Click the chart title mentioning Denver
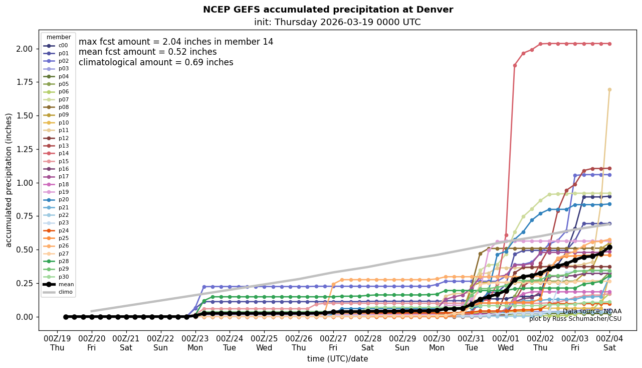coord(328,10)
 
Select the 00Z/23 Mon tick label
coord(195,343)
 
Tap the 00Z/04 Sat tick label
coord(609,343)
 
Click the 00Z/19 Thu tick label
coord(57,343)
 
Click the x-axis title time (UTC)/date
coord(337,359)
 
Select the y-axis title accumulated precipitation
coord(9,180)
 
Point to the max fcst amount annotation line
coord(176,42)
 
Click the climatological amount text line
coord(156,63)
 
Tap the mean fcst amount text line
coord(148,52)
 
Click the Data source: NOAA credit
coord(592,312)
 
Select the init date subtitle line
coord(337,23)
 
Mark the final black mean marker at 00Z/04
coord(609,247)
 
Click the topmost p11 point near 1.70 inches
coord(609,90)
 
